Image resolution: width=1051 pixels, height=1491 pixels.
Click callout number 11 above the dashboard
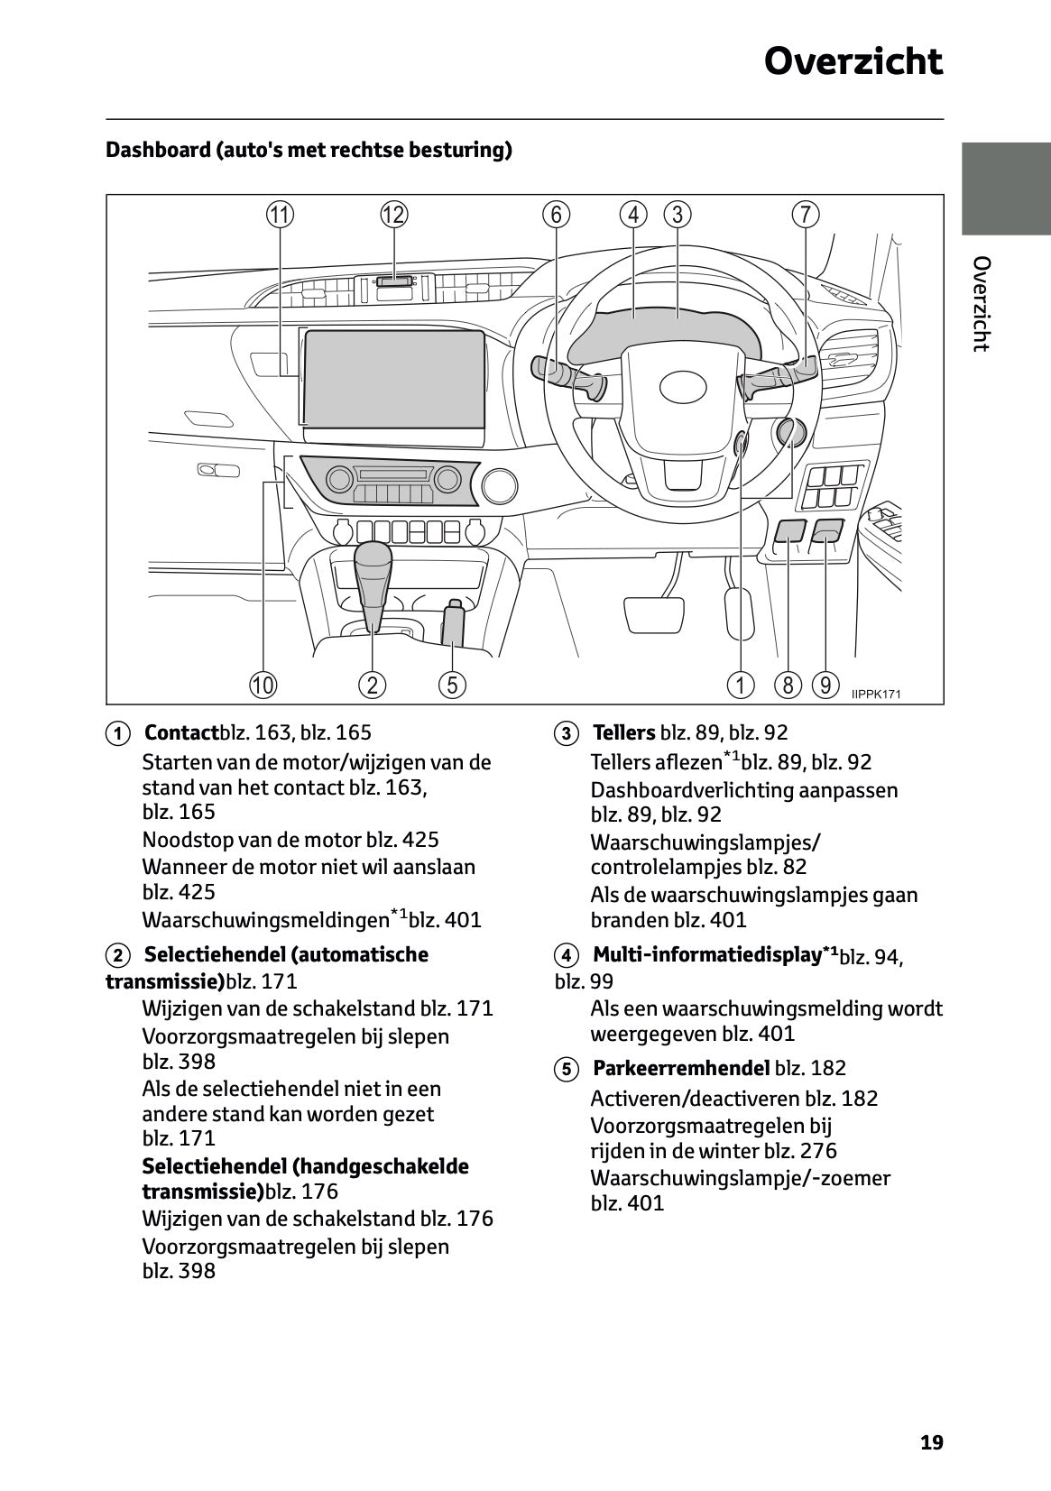[x=280, y=215]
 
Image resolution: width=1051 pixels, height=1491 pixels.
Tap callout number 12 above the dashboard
[x=393, y=215]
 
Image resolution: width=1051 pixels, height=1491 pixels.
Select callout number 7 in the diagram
[x=805, y=215]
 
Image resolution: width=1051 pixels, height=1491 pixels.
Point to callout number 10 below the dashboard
[x=263, y=685]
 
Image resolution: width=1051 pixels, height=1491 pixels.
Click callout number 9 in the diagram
[x=825, y=685]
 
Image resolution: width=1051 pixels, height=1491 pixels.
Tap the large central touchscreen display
[x=395, y=379]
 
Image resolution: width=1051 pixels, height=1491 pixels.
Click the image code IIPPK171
[x=875, y=694]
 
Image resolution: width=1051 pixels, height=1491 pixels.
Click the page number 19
[x=931, y=1442]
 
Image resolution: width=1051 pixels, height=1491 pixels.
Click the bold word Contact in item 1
[x=181, y=732]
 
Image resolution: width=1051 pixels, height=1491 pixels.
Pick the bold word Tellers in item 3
[x=623, y=732]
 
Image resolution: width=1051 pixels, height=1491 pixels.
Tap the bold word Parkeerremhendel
[x=681, y=1068]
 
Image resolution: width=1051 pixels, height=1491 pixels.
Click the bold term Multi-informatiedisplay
[x=705, y=954]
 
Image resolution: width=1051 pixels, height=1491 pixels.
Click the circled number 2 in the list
[x=116, y=955]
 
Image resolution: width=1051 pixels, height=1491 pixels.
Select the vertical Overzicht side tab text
[x=982, y=304]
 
